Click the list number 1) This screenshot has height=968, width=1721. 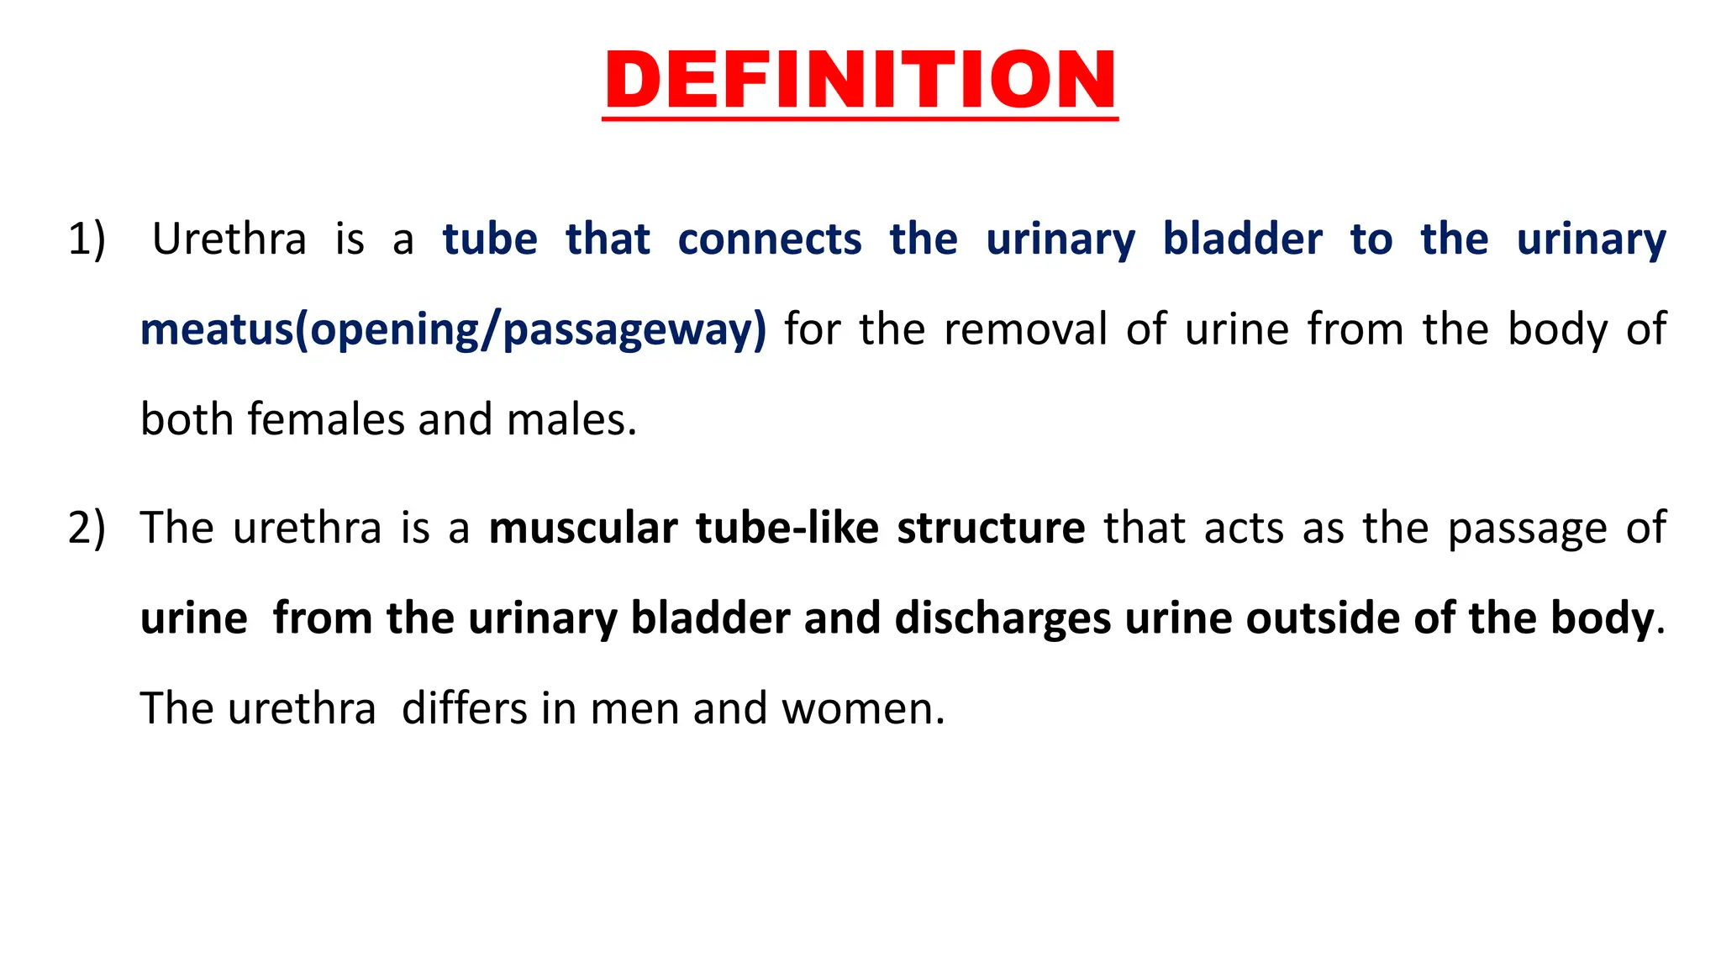click(x=87, y=239)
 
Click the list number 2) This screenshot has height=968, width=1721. click(x=87, y=528)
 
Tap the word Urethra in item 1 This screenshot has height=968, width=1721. click(x=229, y=239)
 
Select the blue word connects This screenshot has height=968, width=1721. click(x=769, y=239)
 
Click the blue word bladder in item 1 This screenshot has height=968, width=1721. click(x=1242, y=239)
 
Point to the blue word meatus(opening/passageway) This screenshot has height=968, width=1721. click(x=453, y=329)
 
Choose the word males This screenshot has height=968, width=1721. click(x=571, y=419)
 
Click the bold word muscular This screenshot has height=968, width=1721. click(x=582, y=528)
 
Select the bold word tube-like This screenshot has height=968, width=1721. click(x=787, y=528)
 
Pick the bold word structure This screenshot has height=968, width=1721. click(x=991, y=528)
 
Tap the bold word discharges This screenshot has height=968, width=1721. click(x=1003, y=618)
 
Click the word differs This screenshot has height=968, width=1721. click(x=464, y=708)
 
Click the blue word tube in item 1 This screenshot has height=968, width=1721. click(x=490, y=239)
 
